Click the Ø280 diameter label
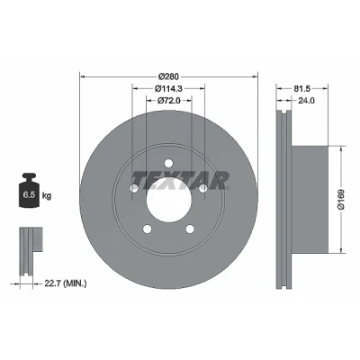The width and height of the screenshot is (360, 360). click(168, 76)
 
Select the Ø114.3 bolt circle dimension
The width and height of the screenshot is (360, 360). click(169, 88)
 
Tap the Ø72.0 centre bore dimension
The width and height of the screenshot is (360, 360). click(169, 101)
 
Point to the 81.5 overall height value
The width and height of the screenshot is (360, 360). click(301, 88)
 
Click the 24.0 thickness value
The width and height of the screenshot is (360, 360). click(306, 101)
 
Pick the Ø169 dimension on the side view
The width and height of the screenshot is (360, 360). click(341, 199)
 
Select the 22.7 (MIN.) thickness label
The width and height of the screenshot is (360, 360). click(66, 283)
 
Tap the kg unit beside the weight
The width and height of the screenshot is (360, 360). click(47, 196)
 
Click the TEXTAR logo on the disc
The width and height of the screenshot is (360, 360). click(181, 180)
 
